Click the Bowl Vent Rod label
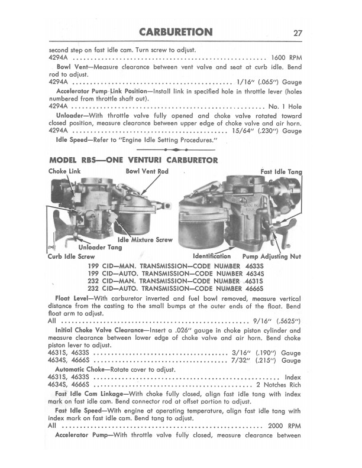[147, 171]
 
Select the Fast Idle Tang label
[281, 172]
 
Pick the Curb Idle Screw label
[70, 256]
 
